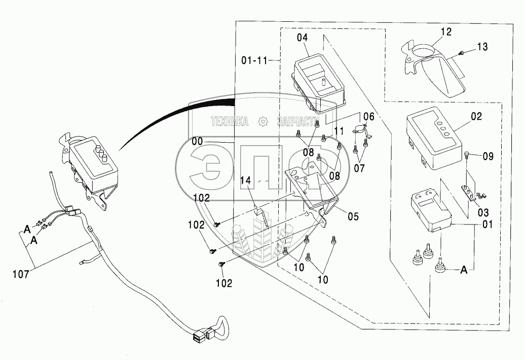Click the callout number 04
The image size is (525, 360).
302,37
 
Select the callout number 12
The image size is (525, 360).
446,32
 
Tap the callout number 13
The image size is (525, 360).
482,47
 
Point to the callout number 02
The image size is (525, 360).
476,117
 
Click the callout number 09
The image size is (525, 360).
488,156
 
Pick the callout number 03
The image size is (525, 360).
483,212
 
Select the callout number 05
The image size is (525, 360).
353,216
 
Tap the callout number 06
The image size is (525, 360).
368,116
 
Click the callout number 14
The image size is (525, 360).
245,180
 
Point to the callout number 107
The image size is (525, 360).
21,275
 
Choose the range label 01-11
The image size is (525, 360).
254,61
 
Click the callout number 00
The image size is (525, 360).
197,142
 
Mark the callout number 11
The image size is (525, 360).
339,131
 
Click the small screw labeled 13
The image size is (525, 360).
461,53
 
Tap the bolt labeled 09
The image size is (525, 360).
468,155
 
